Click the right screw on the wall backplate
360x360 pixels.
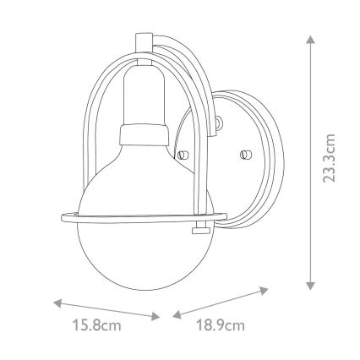pos(246,155)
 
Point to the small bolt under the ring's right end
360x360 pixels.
pos(201,228)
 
